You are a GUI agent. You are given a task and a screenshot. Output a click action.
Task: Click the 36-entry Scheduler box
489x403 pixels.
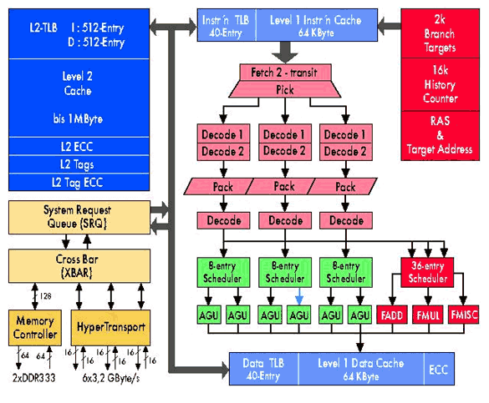(427, 273)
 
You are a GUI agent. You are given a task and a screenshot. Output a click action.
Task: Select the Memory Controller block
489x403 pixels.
(34, 326)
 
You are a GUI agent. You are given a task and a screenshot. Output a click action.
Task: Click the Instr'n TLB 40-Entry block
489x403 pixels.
(226, 24)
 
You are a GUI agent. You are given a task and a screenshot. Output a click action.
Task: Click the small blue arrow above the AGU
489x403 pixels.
(299, 296)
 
